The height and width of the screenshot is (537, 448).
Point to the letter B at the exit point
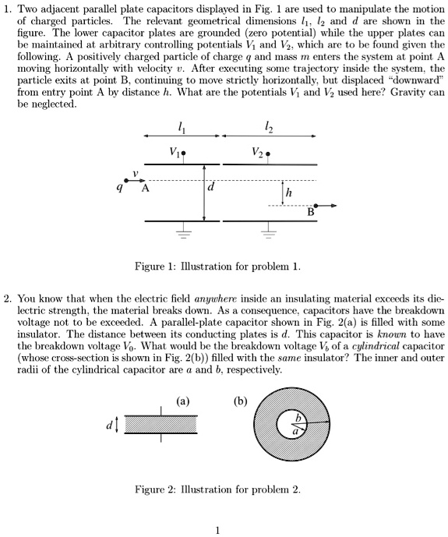312,212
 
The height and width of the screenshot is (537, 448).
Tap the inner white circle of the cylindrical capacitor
290,426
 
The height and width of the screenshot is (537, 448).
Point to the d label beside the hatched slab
111,424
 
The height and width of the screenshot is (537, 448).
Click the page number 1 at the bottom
219,530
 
